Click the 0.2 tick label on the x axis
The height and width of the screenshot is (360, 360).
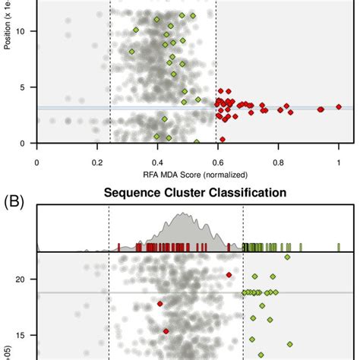(x=97, y=162)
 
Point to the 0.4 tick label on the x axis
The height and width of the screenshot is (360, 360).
(x=157, y=162)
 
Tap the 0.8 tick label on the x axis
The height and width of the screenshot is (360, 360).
(x=278, y=162)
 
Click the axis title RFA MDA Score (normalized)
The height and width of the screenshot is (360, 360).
(x=194, y=176)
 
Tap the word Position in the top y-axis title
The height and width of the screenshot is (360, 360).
(x=7, y=34)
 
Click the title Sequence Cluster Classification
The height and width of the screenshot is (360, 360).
(x=195, y=193)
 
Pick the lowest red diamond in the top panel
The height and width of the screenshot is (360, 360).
(x=222, y=139)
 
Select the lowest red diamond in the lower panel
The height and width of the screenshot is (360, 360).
(x=166, y=330)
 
